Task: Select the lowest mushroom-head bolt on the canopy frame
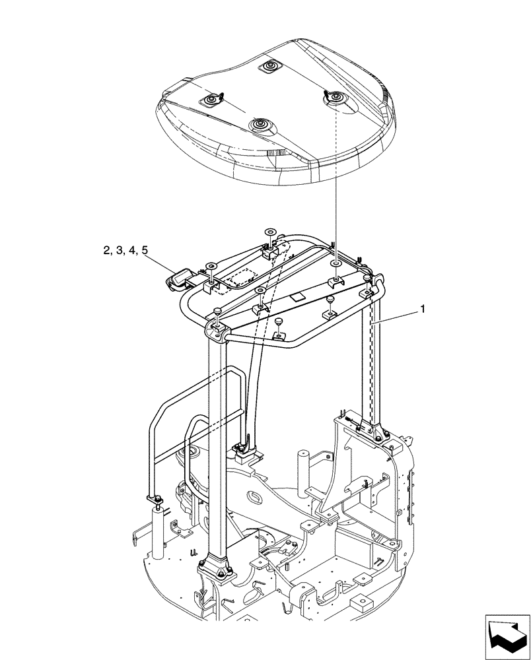(279, 321)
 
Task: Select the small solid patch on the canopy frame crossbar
(297, 298)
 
